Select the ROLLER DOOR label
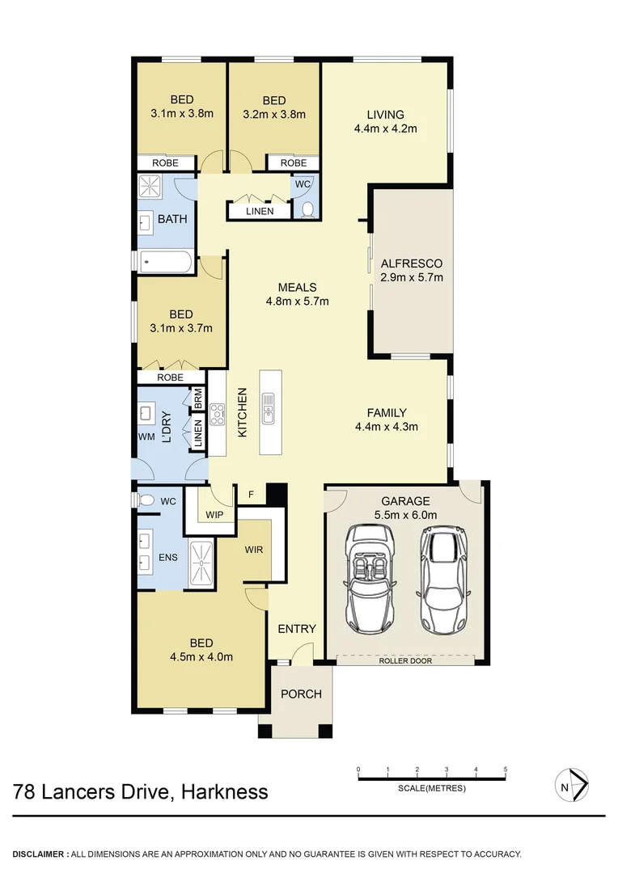[405, 660]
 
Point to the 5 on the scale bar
[506, 769]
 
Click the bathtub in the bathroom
[165, 261]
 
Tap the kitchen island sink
[268, 408]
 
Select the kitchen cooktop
[217, 414]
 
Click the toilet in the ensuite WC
[146, 501]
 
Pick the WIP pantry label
[214, 515]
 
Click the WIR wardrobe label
[254, 550]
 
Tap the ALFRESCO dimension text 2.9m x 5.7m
[411, 278]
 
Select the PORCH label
[301, 694]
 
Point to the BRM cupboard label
[197, 399]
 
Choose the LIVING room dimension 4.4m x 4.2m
[384, 128]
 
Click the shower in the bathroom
[150, 188]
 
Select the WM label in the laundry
[146, 437]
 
